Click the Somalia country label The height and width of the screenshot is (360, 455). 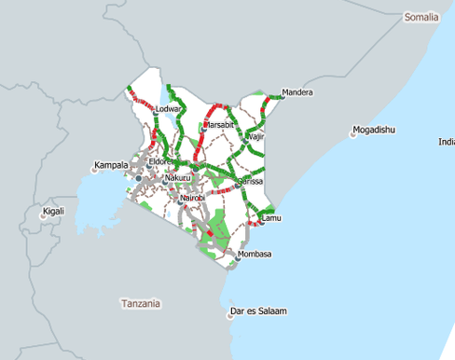[423, 18]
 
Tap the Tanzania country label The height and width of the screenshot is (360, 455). [140, 303]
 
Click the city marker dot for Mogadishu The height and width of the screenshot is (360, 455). [353, 134]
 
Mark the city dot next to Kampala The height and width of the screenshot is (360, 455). [94, 170]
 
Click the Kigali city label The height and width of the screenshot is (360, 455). [54, 212]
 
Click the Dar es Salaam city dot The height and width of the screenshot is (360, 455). [229, 317]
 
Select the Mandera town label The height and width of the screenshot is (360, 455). [297, 92]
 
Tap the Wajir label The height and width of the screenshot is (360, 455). [258, 137]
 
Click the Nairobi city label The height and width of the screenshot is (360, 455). [192, 198]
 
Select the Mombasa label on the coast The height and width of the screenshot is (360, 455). [255, 254]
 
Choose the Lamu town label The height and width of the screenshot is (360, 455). [271, 218]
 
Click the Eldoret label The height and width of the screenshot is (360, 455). [160, 161]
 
